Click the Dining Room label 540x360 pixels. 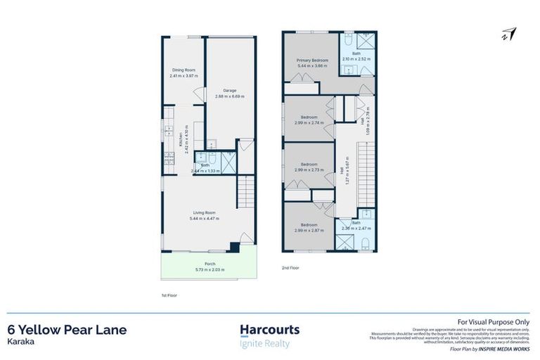184,70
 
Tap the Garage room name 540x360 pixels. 229,90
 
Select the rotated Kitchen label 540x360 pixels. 181,139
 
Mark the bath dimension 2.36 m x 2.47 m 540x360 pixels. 356,228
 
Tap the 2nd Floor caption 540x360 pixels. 290,268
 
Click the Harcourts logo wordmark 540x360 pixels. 269,330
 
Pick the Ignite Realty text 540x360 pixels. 264,344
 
